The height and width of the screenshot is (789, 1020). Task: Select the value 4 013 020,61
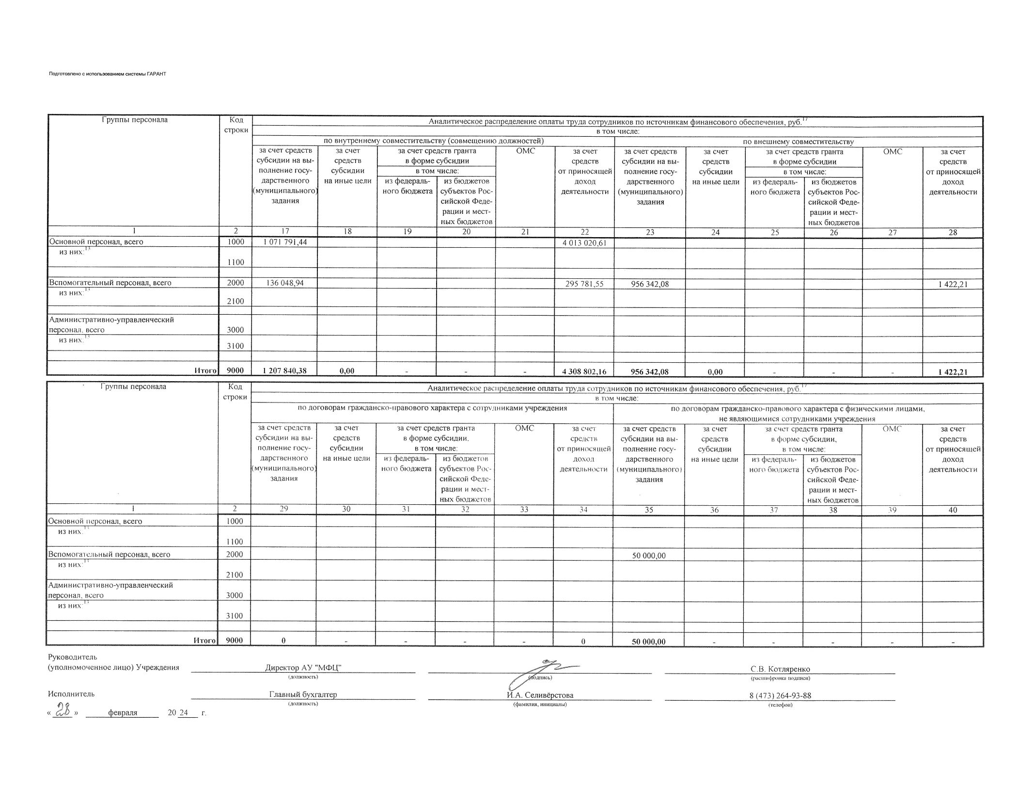(584, 243)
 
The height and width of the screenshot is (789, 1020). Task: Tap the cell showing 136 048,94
(285, 283)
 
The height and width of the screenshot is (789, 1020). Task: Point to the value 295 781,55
(584, 284)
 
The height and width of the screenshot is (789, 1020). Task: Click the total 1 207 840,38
(285, 371)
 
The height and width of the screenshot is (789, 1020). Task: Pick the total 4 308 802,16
(584, 372)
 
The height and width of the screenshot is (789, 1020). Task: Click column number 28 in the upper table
(953, 233)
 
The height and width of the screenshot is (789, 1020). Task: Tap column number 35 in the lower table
(649, 510)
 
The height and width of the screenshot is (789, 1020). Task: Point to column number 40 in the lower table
(953, 510)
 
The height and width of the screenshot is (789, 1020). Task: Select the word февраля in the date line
(123, 713)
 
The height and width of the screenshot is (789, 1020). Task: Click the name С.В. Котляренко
(780, 669)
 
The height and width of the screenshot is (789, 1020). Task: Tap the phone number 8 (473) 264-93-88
(780, 695)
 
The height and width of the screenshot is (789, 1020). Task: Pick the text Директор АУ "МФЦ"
(303, 667)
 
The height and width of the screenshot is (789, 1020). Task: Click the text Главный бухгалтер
(303, 694)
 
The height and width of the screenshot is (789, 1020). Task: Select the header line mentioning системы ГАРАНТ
(108, 74)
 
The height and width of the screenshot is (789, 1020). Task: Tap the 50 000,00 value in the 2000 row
(649, 556)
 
